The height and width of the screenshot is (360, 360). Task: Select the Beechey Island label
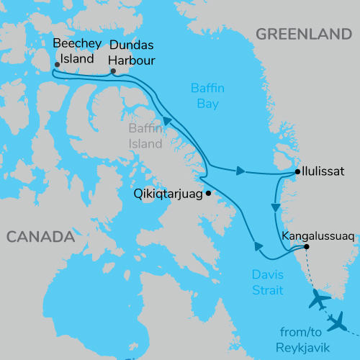tap(73, 50)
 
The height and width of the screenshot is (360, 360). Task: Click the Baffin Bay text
tap(209, 95)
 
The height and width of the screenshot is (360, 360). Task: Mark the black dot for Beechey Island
tap(57, 64)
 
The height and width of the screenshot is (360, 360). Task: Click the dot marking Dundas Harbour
tap(113, 71)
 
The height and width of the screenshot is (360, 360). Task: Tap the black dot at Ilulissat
tap(297, 172)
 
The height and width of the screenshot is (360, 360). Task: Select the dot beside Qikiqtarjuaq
tap(208, 193)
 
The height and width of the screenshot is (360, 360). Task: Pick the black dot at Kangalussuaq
tap(307, 247)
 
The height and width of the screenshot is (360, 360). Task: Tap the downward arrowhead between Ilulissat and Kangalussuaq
tap(275, 207)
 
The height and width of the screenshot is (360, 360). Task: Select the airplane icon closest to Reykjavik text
tap(337, 323)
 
